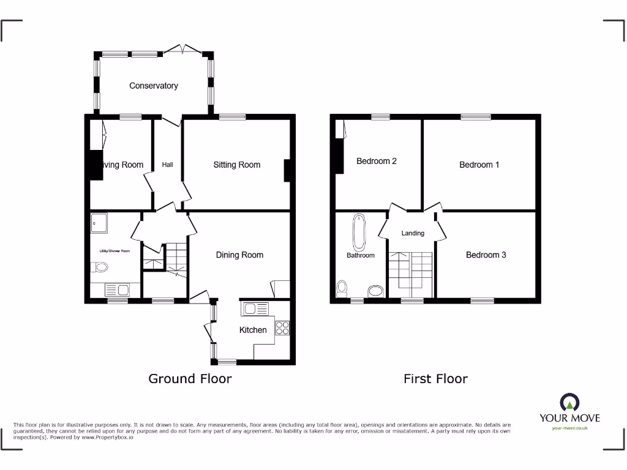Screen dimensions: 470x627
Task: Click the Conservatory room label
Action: (153, 86)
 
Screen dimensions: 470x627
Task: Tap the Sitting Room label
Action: (236, 165)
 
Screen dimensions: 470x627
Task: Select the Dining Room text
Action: (239, 255)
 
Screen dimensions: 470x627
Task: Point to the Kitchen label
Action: (253, 330)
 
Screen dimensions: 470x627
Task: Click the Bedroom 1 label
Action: (479, 165)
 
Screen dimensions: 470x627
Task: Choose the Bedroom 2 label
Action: (377, 161)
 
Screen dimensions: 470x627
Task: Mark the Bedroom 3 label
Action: (486, 255)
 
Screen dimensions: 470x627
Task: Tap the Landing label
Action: (413, 233)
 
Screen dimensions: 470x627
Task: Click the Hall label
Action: (168, 165)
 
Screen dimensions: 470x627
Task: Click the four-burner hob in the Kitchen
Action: (283, 327)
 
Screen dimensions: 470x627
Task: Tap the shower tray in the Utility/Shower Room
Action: (99, 223)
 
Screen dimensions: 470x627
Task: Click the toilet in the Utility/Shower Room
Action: (99, 267)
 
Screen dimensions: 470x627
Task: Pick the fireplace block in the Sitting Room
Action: (287, 171)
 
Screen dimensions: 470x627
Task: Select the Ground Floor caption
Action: (190, 379)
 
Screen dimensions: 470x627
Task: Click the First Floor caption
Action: (435, 379)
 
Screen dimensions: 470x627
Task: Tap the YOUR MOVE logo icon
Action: (569, 403)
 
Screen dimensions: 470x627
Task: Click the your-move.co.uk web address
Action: (569, 428)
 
